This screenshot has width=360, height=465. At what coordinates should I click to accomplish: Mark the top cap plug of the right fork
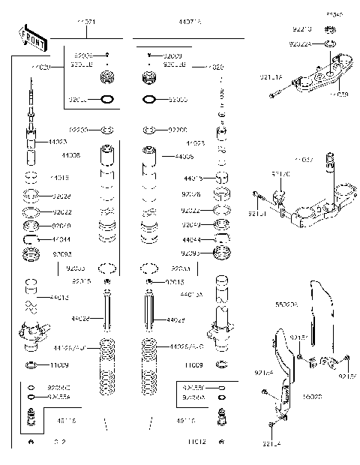[149, 77]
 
